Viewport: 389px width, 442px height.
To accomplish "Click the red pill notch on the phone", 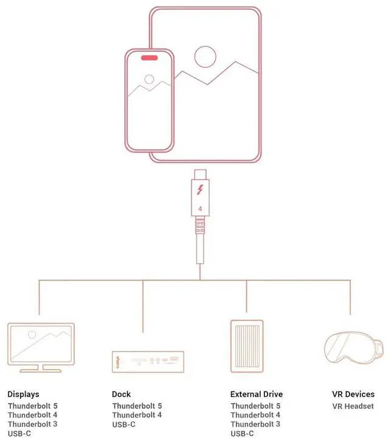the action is pyautogui.click(x=150, y=58).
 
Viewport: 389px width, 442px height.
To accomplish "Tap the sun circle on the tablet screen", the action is pyautogui.click(x=205, y=57).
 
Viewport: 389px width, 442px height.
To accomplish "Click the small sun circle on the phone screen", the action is pyautogui.click(x=149, y=79).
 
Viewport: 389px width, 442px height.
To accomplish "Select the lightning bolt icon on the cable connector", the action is pyautogui.click(x=200, y=190).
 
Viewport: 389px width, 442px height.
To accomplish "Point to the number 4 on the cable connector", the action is pyautogui.click(x=200, y=209).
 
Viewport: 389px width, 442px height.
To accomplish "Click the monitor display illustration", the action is pyautogui.click(x=41, y=348).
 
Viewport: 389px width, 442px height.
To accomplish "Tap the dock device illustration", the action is pyautogui.click(x=148, y=362).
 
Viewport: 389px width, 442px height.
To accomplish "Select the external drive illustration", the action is pyautogui.click(x=247, y=346).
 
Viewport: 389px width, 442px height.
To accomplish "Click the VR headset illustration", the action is pyautogui.click(x=354, y=348).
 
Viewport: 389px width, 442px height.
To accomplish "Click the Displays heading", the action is pyautogui.click(x=23, y=394).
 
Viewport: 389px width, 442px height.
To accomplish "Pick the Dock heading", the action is pyautogui.click(x=121, y=394).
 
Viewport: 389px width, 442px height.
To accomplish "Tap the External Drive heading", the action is pyautogui.click(x=256, y=394).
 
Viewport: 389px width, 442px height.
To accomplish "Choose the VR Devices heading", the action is pyautogui.click(x=353, y=394).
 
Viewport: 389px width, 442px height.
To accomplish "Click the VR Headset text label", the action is pyautogui.click(x=353, y=406).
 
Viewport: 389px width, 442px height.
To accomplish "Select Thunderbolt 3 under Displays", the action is pyautogui.click(x=33, y=424).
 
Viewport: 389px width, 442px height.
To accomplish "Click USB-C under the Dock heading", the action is pyautogui.click(x=124, y=424).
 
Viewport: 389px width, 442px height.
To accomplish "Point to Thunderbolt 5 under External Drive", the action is pyautogui.click(x=255, y=406).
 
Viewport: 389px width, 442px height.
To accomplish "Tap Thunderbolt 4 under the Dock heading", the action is pyautogui.click(x=137, y=415).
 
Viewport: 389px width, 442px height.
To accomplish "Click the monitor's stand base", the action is pyautogui.click(x=41, y=371).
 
